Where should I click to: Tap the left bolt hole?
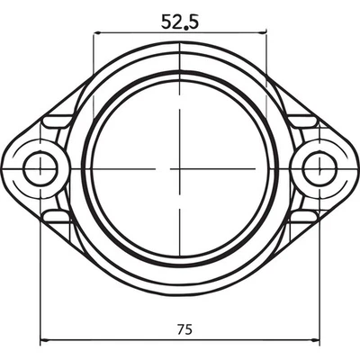[x=41, y=167]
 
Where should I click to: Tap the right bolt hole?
[x=319, y=167]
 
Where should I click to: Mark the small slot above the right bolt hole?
[x=303, y=120]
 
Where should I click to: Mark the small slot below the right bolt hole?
[x=303, y=216]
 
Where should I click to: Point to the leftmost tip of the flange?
[x=4, y=167]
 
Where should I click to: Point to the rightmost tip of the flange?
[x=356, y=167]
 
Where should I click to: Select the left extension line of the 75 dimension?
[x=41, y=270]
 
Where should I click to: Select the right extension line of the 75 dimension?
[x=319, y=270]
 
